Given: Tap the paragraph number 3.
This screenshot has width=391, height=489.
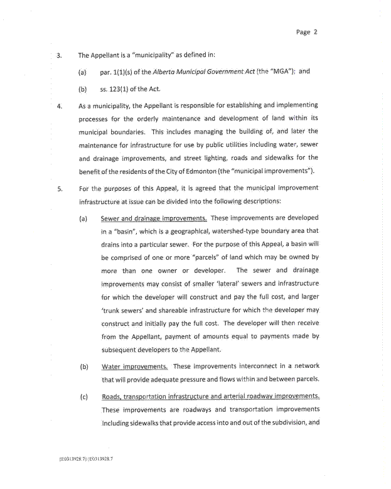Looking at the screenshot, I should tap(58, 55).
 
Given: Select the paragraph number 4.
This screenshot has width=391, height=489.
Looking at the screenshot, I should tap(58, 105).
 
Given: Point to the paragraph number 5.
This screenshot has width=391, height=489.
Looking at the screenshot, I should tap(58, 188).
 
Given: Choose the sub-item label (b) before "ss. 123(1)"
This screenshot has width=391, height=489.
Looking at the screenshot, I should tap(82, 89).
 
